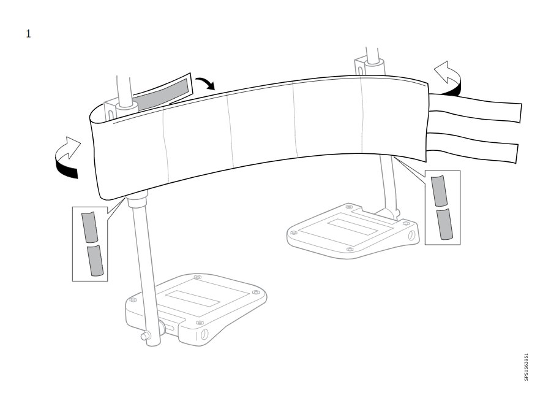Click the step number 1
tap(28, 34)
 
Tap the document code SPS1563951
tap(526, 367)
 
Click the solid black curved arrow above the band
tap(206, 82)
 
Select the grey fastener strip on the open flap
tap(162, 94)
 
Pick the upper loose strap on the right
tap(474, 108)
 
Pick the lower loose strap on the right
tap(473, 147)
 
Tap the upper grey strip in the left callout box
tap(89, 227)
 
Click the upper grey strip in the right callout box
tap(439, 191)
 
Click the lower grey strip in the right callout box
tap(444, 224)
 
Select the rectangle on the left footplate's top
tap(193, 298)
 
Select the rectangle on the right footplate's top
tap(353, 227)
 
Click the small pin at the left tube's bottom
tap(144, 336)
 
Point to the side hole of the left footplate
tap(204, 334)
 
